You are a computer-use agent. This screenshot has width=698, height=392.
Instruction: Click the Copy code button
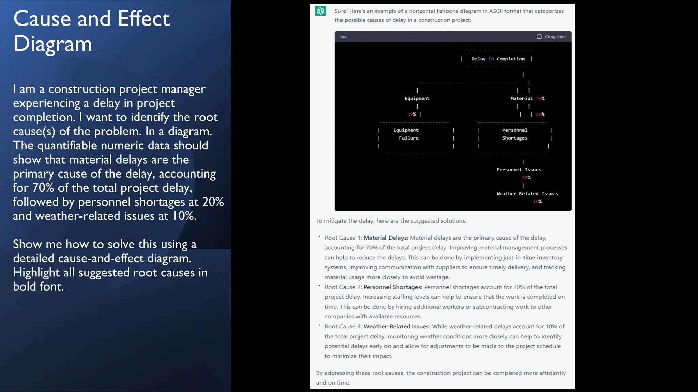(x=551, y=37)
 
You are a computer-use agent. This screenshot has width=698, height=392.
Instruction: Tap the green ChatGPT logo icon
(x=320, y=11)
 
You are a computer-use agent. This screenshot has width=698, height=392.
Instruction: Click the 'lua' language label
(x=343, y=37)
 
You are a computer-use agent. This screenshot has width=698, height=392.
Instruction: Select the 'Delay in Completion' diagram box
(x=498, y=59)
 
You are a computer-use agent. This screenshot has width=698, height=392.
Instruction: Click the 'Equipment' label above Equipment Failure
(x=417, y=98)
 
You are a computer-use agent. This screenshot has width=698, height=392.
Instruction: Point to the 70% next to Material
(x=540, y=98)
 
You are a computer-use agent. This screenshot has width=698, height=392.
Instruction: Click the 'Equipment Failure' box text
(x=406, y=134)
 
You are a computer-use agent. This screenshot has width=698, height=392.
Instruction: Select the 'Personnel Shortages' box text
(x=515, y=134)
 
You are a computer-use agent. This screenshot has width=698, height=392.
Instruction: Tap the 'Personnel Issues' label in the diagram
(x=519, y=170)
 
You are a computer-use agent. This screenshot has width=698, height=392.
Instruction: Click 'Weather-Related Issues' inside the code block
(x=527, y=194)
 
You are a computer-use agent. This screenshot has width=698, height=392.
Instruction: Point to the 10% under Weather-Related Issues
(x=537, y=201)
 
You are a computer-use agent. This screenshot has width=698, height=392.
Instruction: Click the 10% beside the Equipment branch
(x=412, y=114)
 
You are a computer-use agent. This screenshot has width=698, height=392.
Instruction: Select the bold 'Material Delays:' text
(x=386, y=238)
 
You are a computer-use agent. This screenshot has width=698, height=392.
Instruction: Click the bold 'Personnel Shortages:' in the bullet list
(x=393, y=287)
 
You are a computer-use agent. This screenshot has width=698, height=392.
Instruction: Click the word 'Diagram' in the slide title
(x=53, y=44)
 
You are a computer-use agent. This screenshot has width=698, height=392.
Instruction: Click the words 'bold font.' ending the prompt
(x=39, y=287)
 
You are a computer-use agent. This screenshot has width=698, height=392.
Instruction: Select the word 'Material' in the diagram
(x=521, y=98)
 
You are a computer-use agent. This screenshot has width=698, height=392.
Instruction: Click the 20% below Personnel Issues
(x=526, y=178)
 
